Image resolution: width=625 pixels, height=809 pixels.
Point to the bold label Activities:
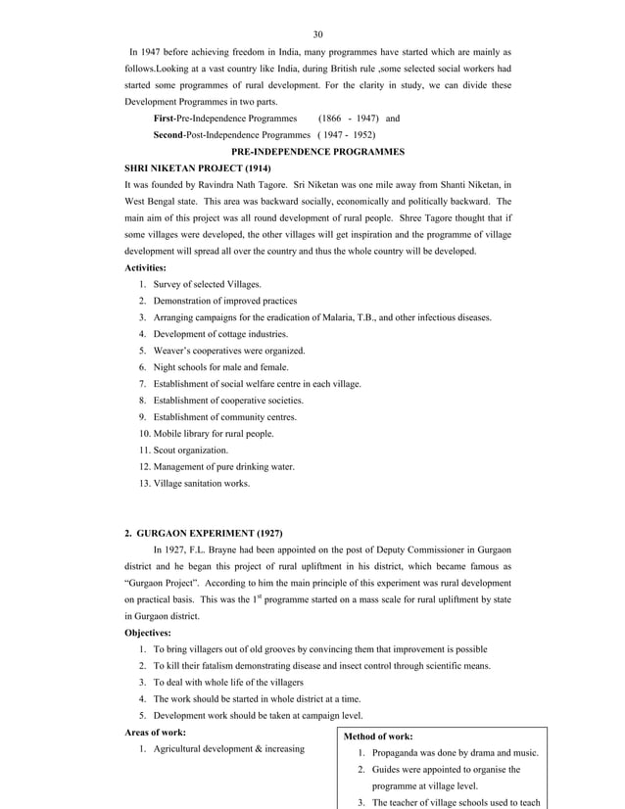click(x=146, y=267)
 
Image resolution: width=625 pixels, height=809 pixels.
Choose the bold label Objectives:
click(x=147, y=634)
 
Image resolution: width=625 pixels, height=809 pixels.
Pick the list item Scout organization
click(x=188, y=451)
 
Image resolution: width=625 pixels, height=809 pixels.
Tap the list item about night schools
click(x=216, y=367)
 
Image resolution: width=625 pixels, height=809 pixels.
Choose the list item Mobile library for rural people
click(x=212, y=434)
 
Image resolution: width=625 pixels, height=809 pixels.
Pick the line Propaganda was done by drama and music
click(x=456, y=753)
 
